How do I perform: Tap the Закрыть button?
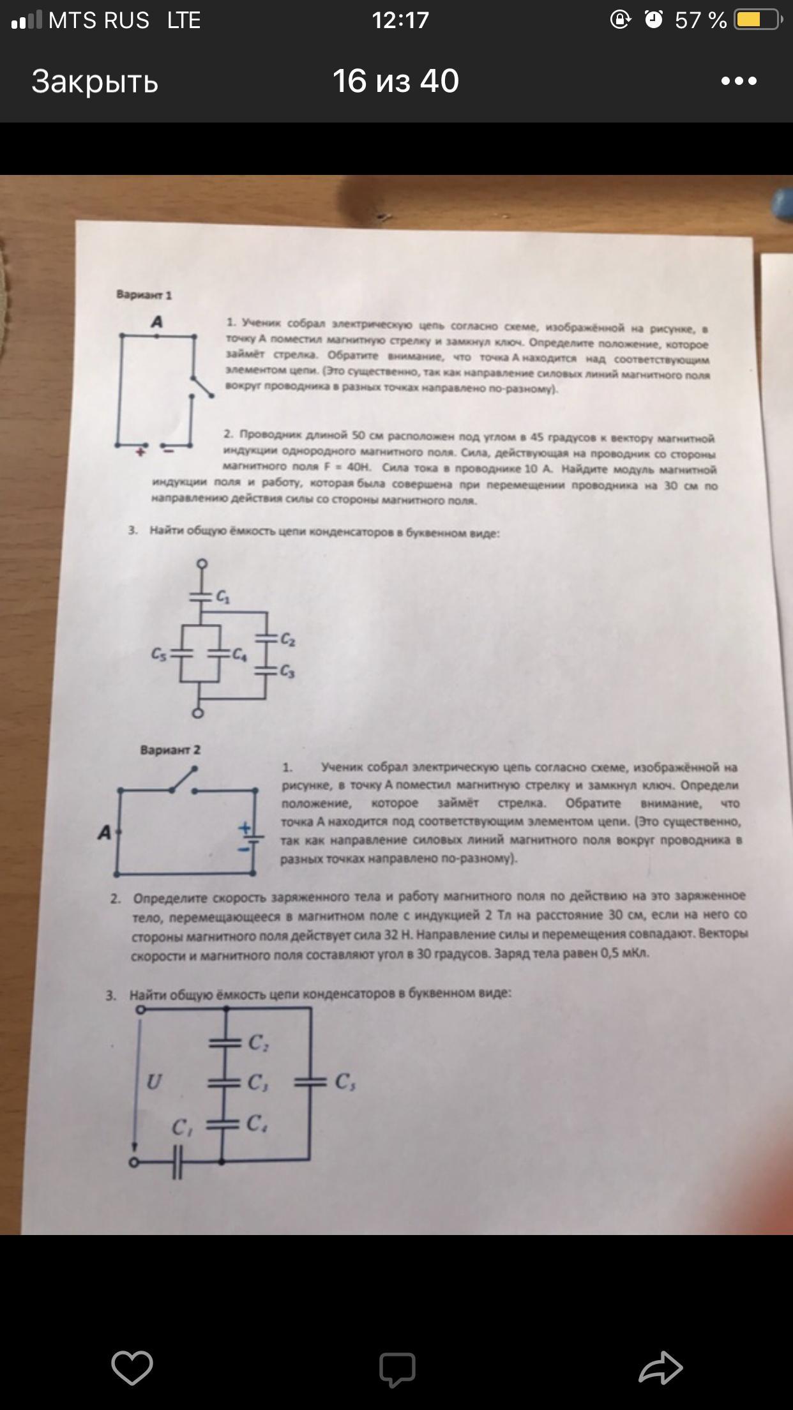(x=94, y=82)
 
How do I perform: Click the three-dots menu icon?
(x=739, y=81)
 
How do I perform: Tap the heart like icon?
(x=132, y=1368)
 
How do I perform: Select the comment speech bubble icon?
(x=397, y=1369)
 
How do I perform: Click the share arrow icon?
(x=661, y=1368)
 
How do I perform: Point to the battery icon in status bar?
(x=758, y=20)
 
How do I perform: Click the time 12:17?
(x=400, y=20)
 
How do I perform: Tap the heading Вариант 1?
(x=144, y=295)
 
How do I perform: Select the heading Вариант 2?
(x=170, y=750)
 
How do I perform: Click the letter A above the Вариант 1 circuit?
(x=156, y=322)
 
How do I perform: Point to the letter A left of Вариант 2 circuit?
(x=104, y=833)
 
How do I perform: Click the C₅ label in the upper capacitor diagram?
(x=159, y=655)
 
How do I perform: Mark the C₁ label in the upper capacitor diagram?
(x=223, y=598)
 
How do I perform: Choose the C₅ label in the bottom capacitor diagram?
(x=345, y=1082)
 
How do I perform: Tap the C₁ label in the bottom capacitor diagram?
(x=182, y=1128)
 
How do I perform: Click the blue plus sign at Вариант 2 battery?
(x=245, y=828)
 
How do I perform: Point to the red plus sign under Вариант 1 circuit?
(x=140, y=451)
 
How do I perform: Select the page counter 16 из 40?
(x=396, y=81)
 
